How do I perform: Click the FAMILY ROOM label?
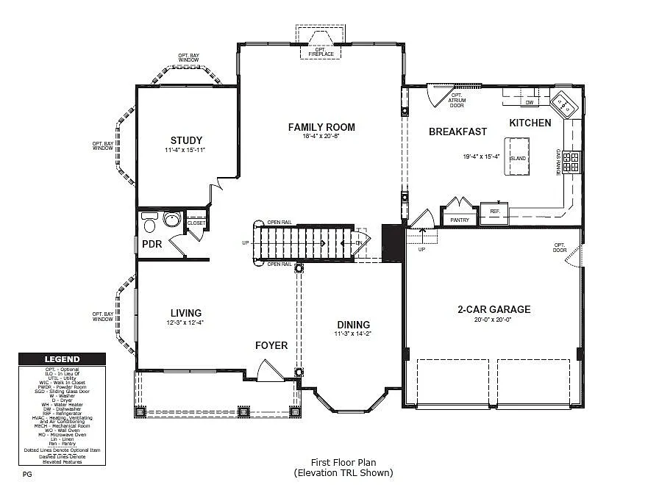coord(321,127)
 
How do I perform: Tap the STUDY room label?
coord(186,140)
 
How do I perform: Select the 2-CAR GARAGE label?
coord(494,309)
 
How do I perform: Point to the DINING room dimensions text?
coord(353,334)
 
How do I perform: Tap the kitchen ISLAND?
coord(518,157)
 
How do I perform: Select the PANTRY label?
coord(460,219)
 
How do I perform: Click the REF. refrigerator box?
coord(495,211)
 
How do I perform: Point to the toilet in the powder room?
coord(151,223)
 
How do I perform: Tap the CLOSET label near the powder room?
coord(196,223)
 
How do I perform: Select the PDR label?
coord(152,244)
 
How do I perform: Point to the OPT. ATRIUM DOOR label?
coord(457,100)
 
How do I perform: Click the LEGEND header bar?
coord(63,359)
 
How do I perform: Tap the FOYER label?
coord(271,345)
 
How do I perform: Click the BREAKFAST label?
coord(457,131)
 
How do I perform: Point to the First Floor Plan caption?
coord(343,462)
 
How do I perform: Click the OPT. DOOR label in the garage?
coord(560,247)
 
